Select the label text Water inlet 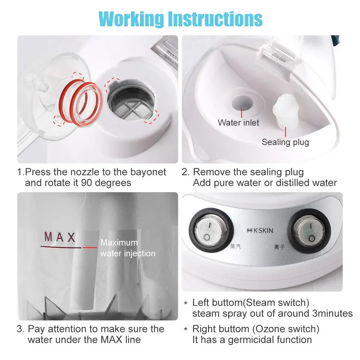(238, 123)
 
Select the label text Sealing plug (285, 142)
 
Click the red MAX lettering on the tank (60, 237)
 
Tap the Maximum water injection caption (128, 248)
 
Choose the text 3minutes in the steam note (331, 314)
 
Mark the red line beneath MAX (68, 247)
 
